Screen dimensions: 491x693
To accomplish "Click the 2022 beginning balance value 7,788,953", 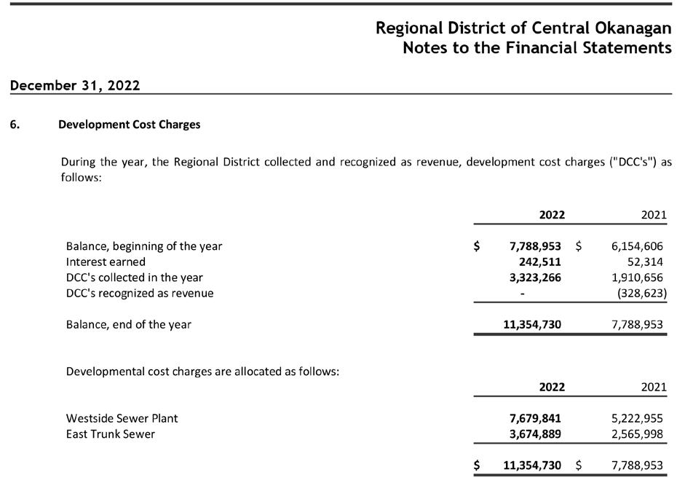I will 535,246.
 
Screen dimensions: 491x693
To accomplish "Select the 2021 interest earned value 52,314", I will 645,262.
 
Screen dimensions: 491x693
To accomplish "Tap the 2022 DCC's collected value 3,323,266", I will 535,278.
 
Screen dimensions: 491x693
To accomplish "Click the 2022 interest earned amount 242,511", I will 539,262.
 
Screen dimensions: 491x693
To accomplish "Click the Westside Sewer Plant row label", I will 122,418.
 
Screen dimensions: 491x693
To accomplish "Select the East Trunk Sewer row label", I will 110,434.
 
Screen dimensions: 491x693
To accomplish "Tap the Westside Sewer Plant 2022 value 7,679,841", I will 535,418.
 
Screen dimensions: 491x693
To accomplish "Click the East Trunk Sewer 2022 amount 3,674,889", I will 535,434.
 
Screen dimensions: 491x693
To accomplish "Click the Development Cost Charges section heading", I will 129,125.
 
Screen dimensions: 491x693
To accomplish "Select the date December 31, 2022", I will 75,85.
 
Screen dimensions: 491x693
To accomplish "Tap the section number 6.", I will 15,125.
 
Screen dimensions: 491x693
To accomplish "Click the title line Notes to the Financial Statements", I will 536,48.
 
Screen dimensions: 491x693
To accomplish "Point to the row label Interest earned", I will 106,262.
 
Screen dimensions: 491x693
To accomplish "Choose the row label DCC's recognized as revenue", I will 140,293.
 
